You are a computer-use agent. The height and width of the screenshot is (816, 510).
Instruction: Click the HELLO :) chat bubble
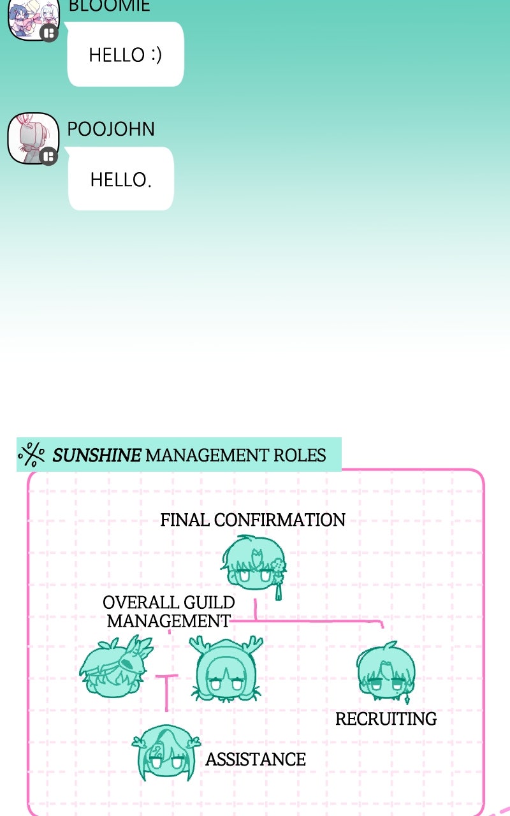pos(126,54)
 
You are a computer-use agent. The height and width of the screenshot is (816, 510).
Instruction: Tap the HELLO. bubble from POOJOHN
pos(120,179)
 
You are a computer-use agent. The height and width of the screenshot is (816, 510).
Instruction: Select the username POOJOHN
pos(111,129)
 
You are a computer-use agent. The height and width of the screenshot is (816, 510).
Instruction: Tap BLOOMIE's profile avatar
pos(33,17)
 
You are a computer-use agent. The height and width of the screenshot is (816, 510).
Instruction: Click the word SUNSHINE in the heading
pos(97,455)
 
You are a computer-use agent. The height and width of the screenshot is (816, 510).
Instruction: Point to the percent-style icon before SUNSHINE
pos(31,455)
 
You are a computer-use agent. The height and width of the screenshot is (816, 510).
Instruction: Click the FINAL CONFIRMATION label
pos(252,520)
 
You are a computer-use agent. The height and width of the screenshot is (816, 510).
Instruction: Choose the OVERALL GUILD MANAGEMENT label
pos(168,611)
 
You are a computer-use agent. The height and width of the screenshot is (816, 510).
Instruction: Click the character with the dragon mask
pos(116,666)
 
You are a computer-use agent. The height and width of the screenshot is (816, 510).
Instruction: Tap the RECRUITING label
pos(386,719)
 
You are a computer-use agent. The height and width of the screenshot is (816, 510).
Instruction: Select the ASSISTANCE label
pos(255,759)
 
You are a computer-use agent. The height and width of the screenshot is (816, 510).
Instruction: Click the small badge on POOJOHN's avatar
pos(48,156)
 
